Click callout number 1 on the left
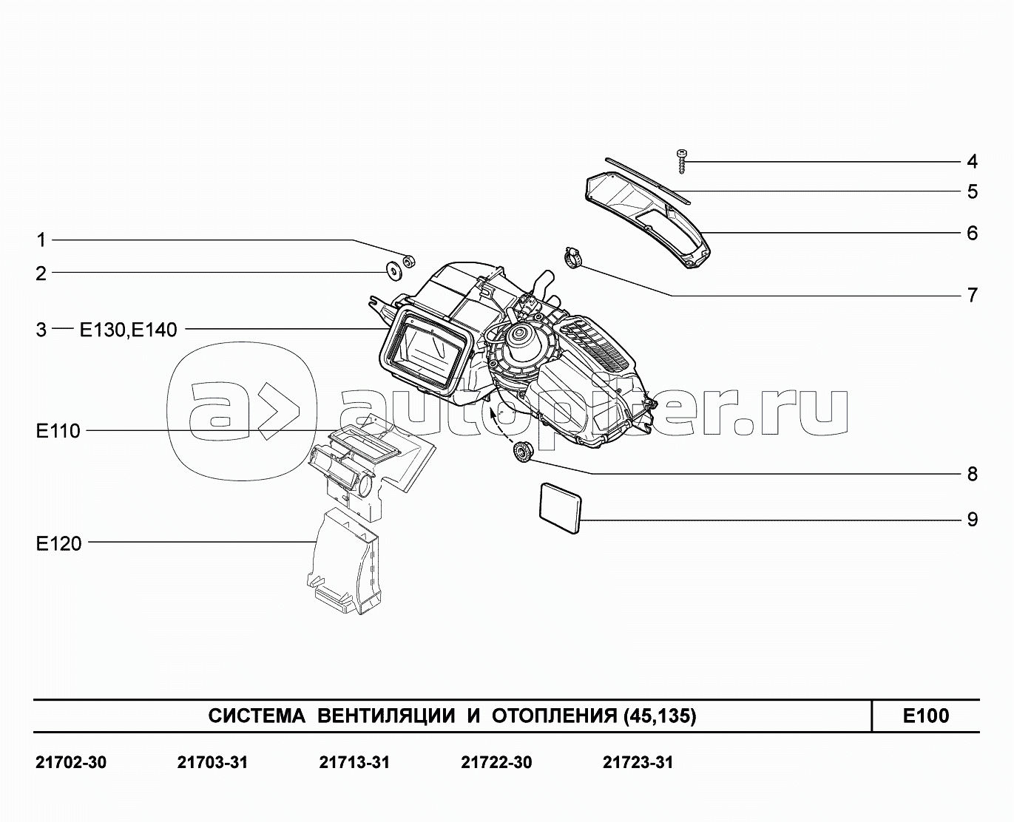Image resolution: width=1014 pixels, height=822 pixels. point(41,240)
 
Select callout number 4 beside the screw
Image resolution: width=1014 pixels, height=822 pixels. point(972,161)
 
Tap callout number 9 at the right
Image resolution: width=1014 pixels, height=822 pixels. point(972,520)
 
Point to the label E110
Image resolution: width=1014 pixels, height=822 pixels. point(58,431)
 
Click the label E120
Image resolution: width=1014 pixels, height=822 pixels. point(58,544)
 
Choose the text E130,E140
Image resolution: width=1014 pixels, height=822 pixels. point(129,330)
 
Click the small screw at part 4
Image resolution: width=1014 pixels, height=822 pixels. point(680,161)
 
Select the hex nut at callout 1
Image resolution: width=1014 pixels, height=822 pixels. point(408,260)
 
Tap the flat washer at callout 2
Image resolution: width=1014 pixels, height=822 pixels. point(393,271)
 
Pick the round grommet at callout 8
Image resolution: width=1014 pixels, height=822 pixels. point(522,450)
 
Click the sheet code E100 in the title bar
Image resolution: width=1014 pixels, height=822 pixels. point(925,716)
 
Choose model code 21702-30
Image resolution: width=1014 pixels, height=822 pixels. point(71,762)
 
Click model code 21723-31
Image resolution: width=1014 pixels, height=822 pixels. point(638,762)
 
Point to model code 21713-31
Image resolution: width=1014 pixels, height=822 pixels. point(354,762)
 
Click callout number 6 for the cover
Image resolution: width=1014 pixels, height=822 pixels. point(972,233)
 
